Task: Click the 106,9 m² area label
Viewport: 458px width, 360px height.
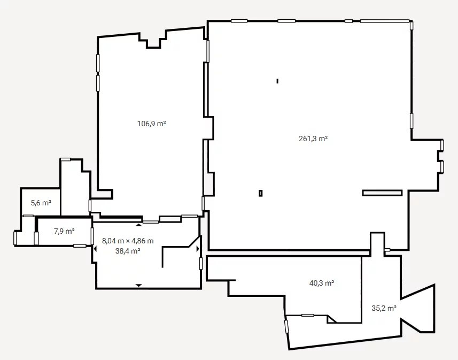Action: pyautogui.click(x=152, y=124)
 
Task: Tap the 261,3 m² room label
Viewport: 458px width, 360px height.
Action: pyautogui.click(x=313, y=139)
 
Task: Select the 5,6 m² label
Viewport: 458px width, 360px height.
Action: pyautogui.click(x=41, y=203)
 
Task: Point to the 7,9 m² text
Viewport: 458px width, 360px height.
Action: pyautogui.click(x=64, y=231)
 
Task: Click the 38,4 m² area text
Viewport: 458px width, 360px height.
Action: pyautogui.click(x=128, y=251)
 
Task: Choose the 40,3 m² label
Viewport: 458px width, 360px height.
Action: pyautogui.click(x=322, y=283)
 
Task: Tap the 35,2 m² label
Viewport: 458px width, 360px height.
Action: pyautogui.click(x=384, y=308)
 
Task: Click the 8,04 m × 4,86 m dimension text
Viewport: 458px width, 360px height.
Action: pyautogui.click(x=128, y=241)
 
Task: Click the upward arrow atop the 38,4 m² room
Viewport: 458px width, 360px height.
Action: pyautogui.click(x=139, y=225)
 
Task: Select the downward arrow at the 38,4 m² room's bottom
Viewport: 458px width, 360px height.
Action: pyautogui.click(x=139, y=285)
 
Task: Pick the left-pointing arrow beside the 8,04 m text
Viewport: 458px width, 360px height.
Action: pyautogui.click(x=95, y=249)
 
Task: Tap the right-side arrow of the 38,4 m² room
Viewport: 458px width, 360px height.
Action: pyautogui.click(x=198, y=249)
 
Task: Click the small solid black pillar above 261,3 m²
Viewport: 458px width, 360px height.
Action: pyautogui.click(x=277, y=81)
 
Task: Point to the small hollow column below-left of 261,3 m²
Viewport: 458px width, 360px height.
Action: pyautogui.click(x=261, y=193)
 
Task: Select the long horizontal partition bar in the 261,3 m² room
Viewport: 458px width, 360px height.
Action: pyautogui.click(x=382, y=193)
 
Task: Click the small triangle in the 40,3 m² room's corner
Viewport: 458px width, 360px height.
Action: pyautogui.click(x=330, y=319)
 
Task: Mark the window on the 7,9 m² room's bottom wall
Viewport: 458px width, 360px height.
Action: pyautogui.click(x=80, y=246)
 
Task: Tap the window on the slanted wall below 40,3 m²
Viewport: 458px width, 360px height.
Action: pyautogui.click(x=286, y=326)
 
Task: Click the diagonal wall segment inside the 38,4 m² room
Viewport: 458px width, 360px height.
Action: pyautogui.click(x=194, y=242)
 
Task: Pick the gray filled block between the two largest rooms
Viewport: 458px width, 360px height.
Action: pyautogui.click(x=208, y=184)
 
